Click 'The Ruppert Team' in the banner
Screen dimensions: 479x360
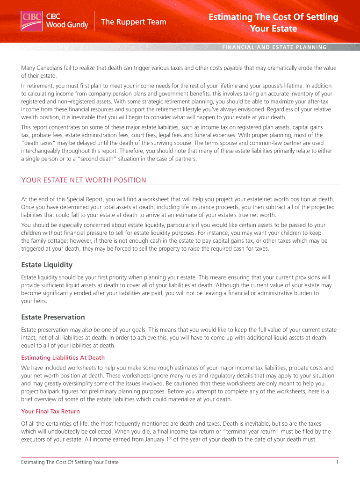pos(134,22)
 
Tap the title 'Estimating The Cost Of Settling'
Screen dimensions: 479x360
pos(274,17)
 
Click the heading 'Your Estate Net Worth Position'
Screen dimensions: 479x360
pos(84,180)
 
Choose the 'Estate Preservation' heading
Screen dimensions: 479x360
pos(53,317)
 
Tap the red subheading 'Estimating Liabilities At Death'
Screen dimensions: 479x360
pos(63,358)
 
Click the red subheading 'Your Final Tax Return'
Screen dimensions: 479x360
pos(50,411)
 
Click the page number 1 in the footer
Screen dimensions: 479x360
pos(337,462)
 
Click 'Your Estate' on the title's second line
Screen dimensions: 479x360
pos(274,29)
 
